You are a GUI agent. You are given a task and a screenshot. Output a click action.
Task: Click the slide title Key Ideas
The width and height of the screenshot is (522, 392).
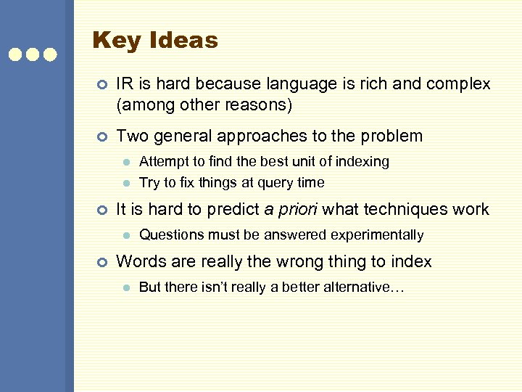(155, 40)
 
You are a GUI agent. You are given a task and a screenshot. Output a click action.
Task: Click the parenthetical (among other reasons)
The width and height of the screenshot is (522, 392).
(204, 105)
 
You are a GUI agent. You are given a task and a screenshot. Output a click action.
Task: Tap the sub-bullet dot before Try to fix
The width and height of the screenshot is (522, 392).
(125, 183)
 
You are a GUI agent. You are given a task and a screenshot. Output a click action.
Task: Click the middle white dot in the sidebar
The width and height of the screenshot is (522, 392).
(33, 54)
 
